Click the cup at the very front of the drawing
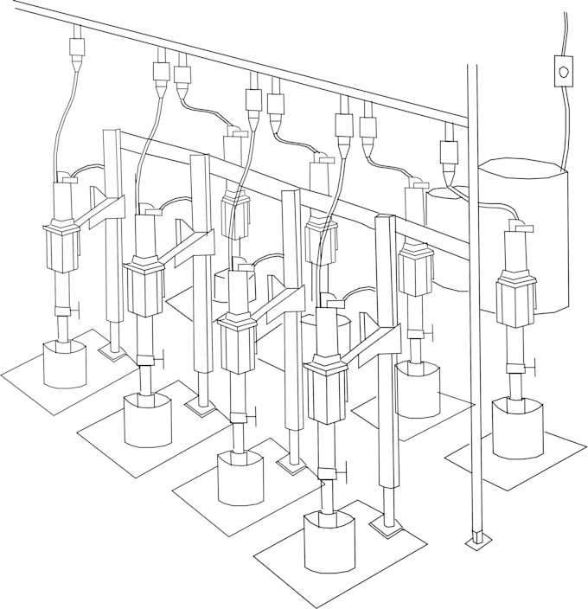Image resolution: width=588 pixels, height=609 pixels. point(329,542)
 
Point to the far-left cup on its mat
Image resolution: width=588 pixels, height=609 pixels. point(65,363)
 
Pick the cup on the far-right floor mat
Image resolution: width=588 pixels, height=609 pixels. point(517,427)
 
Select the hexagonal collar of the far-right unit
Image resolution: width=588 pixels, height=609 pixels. point(516,298)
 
